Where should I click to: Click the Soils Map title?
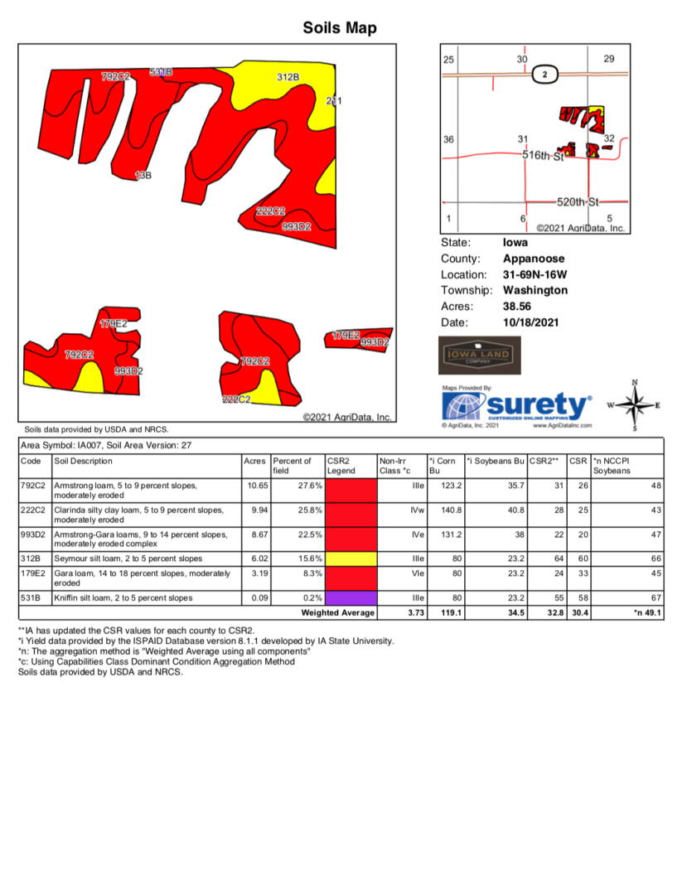pos(340,28)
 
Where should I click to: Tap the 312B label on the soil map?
pos(288,77)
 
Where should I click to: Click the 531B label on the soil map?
pos(161,72)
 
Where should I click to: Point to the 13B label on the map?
pos(143,176)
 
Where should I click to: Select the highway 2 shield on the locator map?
pos(544,75)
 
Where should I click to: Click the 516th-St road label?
pos(543,155)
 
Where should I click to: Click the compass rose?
pos(635,406)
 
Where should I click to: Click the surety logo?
pos(518,406)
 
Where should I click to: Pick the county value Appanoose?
pos(534,259)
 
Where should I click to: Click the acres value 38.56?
pos(519,306)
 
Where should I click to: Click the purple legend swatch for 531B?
pos(351,597)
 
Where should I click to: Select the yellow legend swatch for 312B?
pos(351,558)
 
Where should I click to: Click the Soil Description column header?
pos(83,461)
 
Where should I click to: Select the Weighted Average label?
pos(338,613)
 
